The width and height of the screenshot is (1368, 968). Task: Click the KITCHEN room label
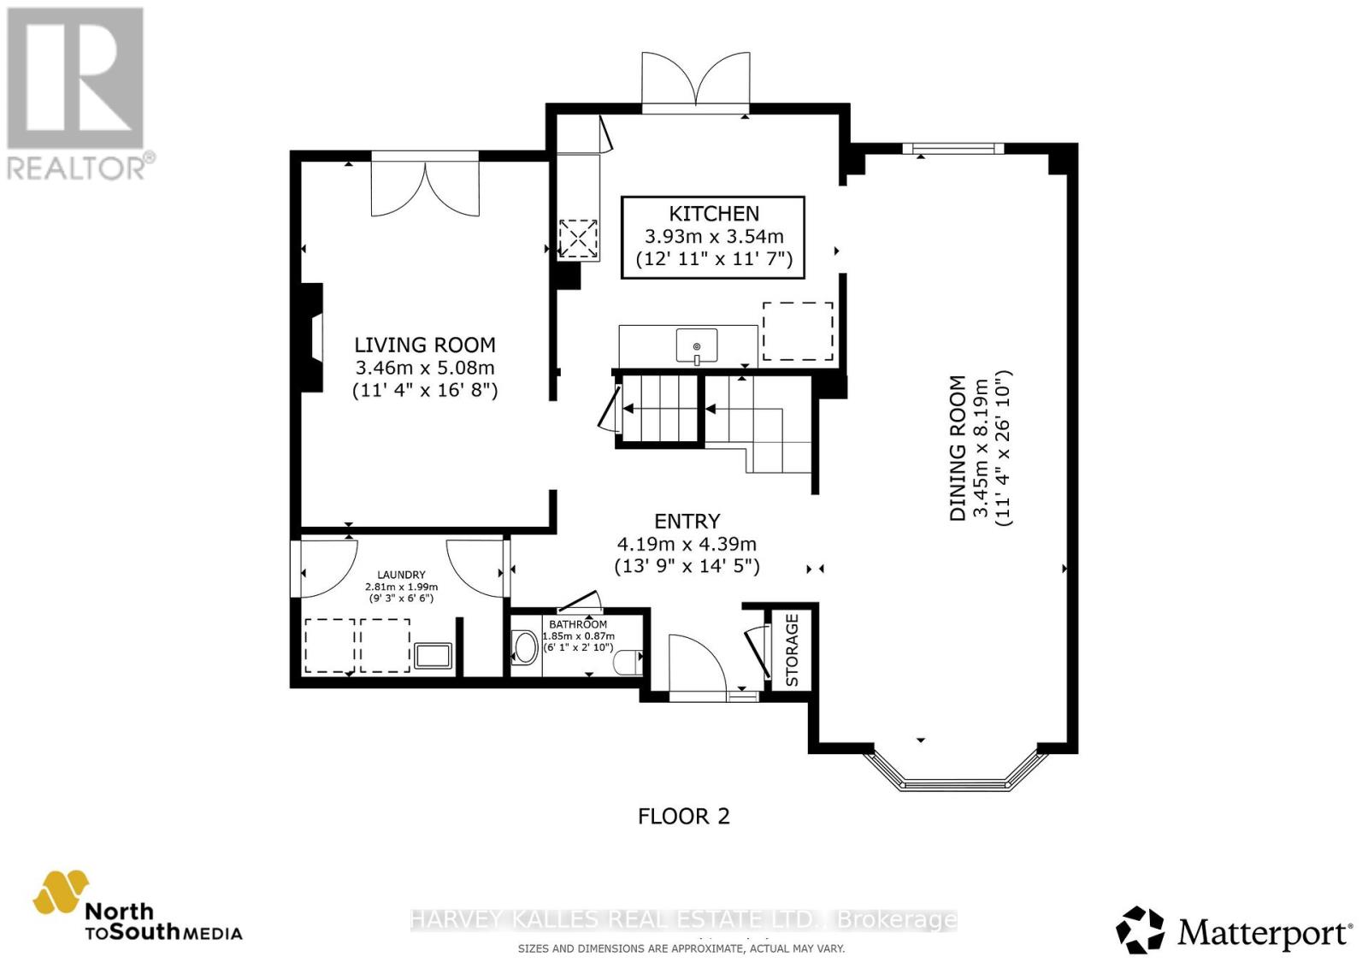(713, 214)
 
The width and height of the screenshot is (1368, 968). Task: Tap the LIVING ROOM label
(425, 345)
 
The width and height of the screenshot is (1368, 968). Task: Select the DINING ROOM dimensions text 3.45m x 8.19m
(981, 448)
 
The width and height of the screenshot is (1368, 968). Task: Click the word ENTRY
(687, 521)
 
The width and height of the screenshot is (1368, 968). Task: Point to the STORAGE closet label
(792, 650)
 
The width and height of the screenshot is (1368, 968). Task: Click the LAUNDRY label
(401, 575)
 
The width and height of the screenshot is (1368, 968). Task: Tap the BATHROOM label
(578, 624)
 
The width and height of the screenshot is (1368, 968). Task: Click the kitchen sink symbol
(697, 346)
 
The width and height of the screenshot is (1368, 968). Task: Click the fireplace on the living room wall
(311, 338)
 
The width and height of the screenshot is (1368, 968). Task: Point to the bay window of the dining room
(955, 772)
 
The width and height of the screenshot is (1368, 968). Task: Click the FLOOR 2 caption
(683, 816)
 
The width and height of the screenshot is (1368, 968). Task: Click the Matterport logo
(1234, 930)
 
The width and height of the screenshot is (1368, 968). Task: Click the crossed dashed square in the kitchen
(578, 239)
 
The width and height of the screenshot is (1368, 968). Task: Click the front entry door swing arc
(697, 663)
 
